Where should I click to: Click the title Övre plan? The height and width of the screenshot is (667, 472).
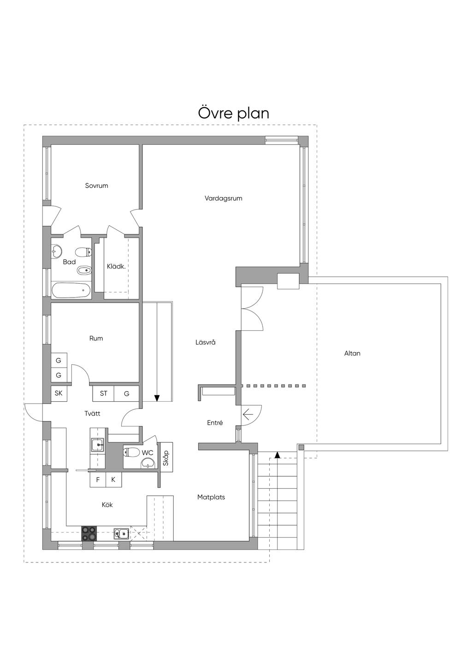pyautogui.click(x=234, y=113)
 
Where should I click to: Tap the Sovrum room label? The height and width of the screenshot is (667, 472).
pyautogui.click(x=96, y=186)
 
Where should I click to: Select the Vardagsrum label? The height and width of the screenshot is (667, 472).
pyautogui.click(x=224, y=199)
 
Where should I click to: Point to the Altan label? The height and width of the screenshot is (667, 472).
pyautogui.click(x=352, y=353)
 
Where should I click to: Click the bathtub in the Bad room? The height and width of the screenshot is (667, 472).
pyautogui.click(x=71, y=290)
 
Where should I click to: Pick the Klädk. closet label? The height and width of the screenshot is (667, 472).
pyautogui.click(x=116, y=267)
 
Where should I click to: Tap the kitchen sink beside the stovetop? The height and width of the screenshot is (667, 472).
pyautogui.click(x=121, y=534)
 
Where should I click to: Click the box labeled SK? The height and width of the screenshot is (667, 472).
pyautogui.click(x=59, y=393)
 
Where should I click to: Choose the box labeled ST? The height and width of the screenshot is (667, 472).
pyautogui.click(x=103, y=393)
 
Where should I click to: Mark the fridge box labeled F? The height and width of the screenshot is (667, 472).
pyautogui.click(x=98, y=480)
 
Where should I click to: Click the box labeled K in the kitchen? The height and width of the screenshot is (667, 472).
pyautogui.click(x=113, y=480)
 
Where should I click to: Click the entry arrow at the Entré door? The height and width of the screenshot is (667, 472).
pyautogui.click(x=248, y=414)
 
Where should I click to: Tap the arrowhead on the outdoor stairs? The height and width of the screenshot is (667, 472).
pyautogui.click(x=277, y=455)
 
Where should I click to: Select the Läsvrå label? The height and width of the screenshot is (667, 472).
pyautogui.click(x=206, y=342)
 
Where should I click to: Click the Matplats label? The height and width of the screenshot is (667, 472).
pyautogui.click(x=211, y=497)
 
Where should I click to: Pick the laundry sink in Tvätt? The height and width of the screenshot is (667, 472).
pyautogui.click(x=97, y=445)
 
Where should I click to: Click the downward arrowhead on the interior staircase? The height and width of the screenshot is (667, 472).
pyautogui.click(x=157, y=398)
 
